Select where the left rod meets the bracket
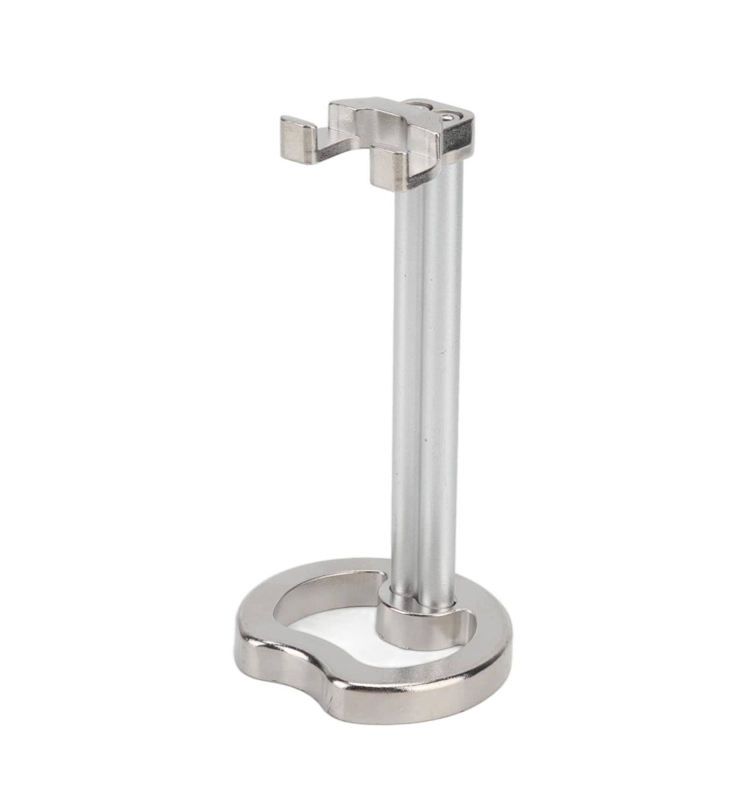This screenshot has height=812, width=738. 408,189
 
